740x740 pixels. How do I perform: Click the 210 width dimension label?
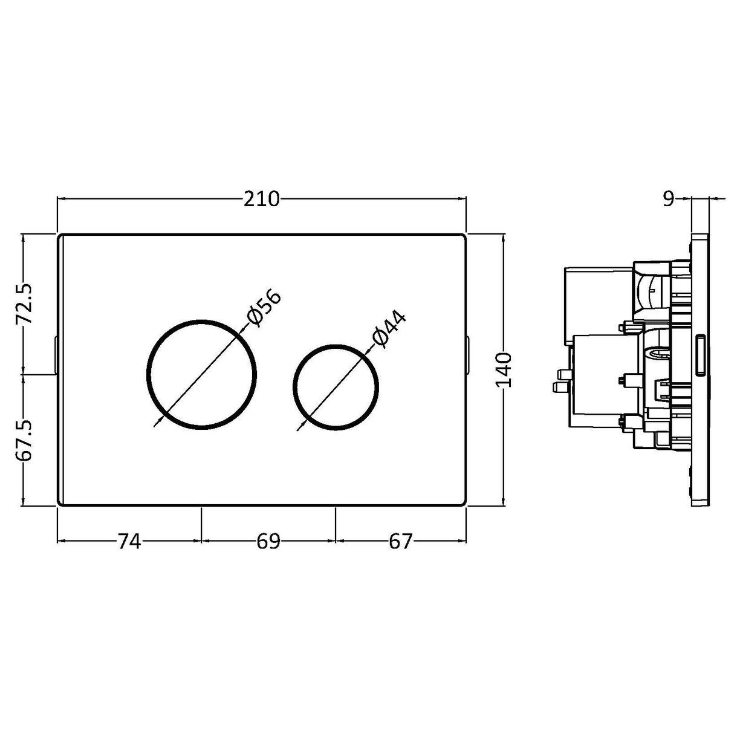(262, 199)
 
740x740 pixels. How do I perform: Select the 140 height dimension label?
(504, 370)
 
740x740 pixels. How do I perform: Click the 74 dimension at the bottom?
(129, 542)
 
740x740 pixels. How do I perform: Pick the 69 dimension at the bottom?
(268, 542)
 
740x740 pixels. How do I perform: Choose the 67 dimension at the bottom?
(400, 542)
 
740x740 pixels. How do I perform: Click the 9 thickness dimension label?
(667, 200)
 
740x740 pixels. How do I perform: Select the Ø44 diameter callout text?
(388, 329)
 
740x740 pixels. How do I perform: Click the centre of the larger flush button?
(201, 374)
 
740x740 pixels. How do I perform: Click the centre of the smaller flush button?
(336, 388)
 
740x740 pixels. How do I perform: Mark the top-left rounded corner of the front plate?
(60, 237)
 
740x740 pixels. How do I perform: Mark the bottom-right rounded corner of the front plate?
(463, 503)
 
